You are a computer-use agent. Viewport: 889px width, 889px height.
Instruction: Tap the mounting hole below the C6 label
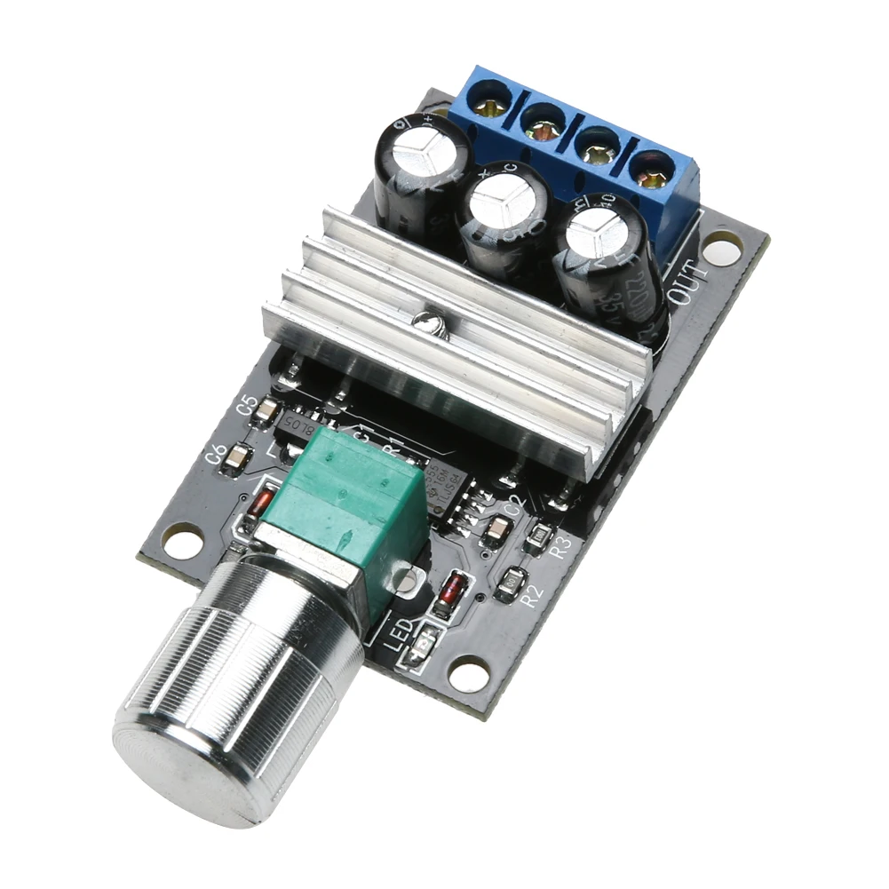tap(182, 540)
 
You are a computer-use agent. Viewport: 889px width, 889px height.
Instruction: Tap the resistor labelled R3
tap(538, 536)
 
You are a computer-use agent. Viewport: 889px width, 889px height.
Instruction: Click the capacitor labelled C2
tap(496, 531)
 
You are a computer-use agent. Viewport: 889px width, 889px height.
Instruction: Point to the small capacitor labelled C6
tap(237, 457)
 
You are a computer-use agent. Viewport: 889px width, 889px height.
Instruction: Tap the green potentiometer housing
tap(355, 506)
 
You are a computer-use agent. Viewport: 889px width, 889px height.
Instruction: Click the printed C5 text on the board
tap(247, 404)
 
